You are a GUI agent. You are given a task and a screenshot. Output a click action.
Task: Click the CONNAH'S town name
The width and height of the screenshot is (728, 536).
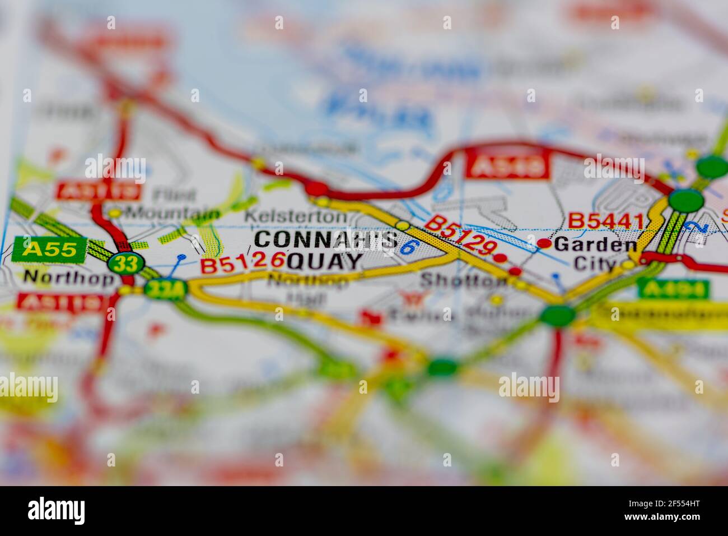pos(325,239)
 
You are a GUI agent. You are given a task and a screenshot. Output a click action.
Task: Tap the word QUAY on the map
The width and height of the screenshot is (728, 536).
pos(324,261)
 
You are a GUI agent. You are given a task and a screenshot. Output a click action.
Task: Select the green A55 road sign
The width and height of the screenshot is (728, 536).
pos(49,249)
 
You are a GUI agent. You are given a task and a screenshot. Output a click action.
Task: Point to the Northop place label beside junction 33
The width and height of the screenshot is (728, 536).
pos(69,277)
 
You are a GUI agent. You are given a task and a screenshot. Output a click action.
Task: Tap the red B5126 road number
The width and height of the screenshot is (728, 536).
pos(242,262)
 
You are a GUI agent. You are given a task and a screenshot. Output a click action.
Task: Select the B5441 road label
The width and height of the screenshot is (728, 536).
pos(606,221)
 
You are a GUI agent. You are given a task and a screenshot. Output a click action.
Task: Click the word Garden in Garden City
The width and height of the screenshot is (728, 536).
pos(595,244)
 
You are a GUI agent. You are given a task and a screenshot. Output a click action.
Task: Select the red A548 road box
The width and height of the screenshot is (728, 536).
pos(507,167)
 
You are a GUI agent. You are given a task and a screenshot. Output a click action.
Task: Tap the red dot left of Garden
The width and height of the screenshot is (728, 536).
pos(544,243)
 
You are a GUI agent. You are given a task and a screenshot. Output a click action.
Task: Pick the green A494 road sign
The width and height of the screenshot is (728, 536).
pos(673,289)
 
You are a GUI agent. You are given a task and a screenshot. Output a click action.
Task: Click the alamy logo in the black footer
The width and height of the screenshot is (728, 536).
pos(56,511)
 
